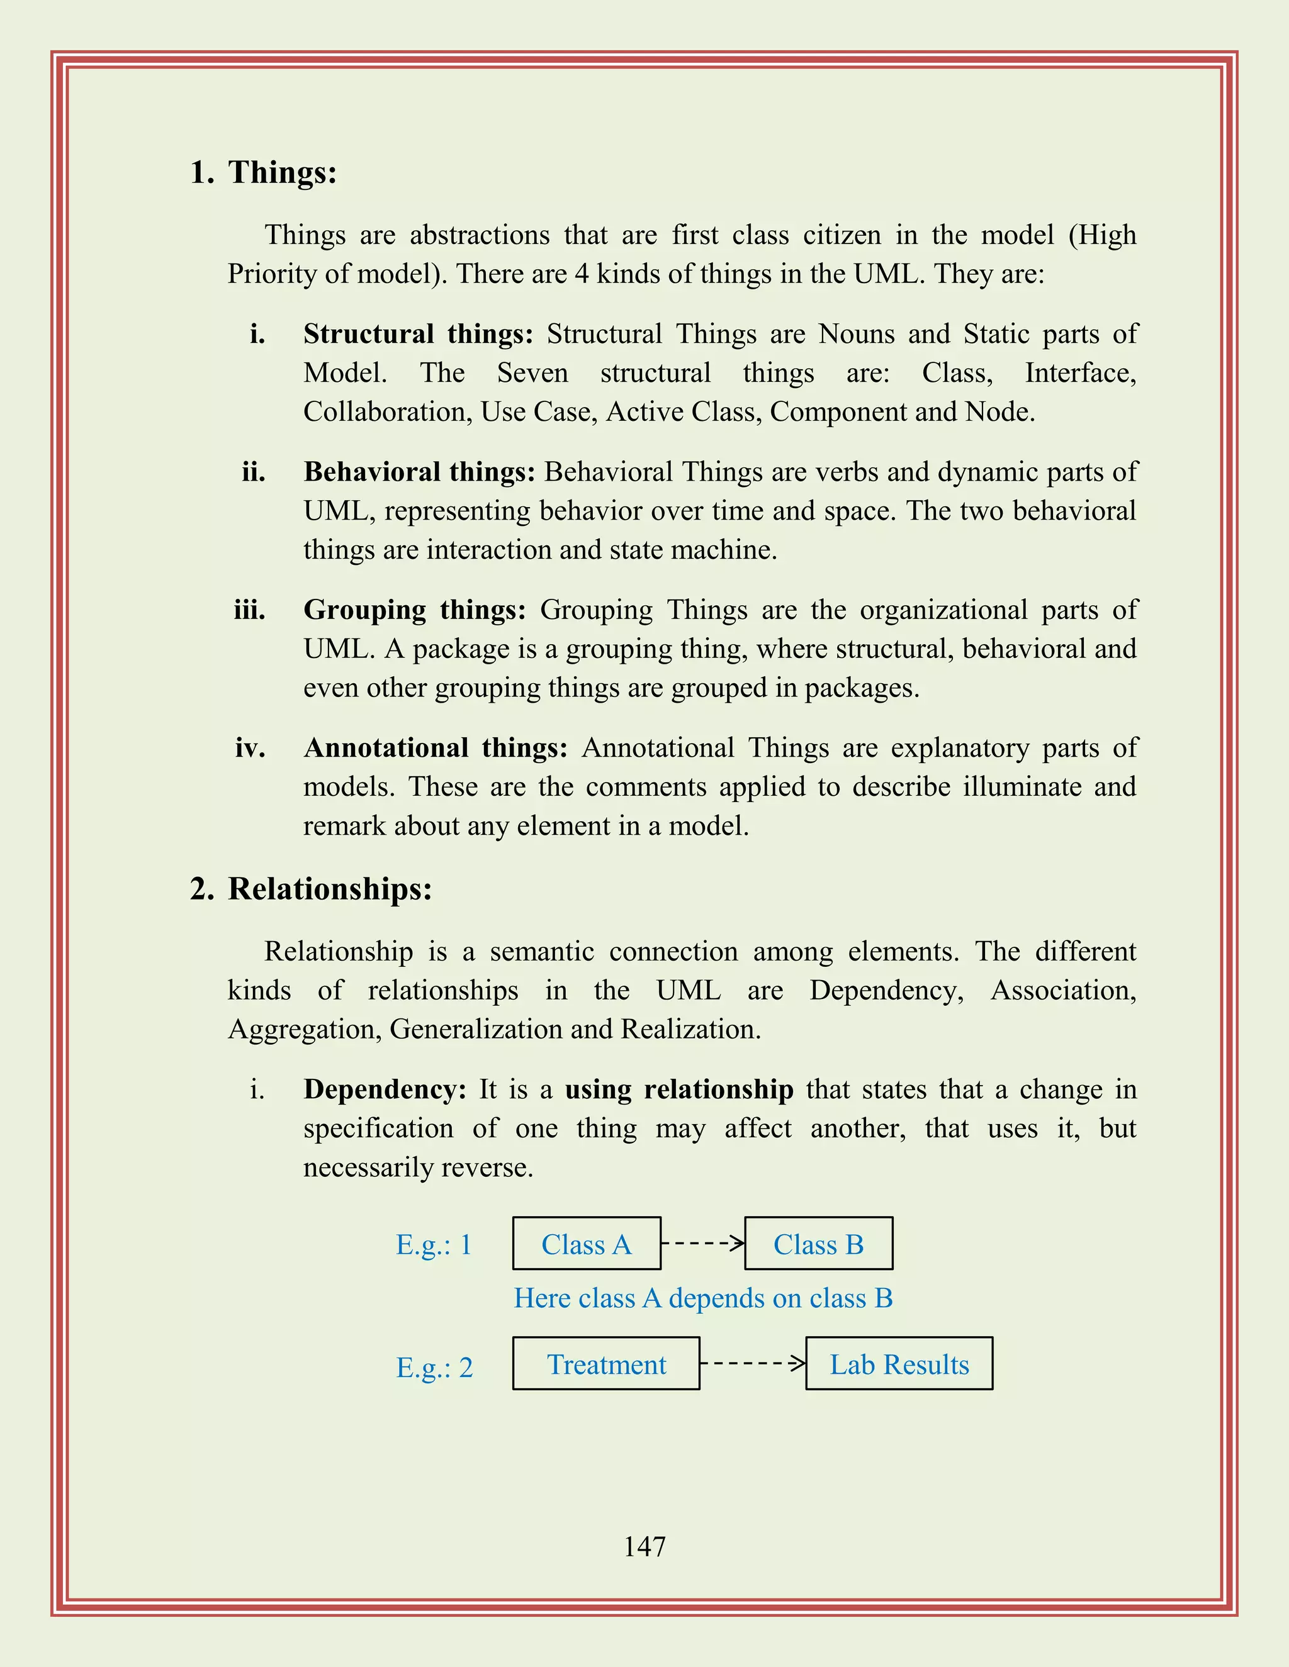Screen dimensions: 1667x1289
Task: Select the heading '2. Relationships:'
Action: coord(311,889)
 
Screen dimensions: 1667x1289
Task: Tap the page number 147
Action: coord(644,1546)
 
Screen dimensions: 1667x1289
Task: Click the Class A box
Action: coord(587,1244)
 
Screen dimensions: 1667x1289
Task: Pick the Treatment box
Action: coord(605,1364)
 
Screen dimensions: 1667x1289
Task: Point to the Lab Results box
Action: coord(899,1364)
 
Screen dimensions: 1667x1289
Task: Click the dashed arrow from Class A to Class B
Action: coord(702,1244)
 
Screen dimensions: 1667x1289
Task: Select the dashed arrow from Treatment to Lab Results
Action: coord(752,1363)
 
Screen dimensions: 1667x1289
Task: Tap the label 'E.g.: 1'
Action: coord(434,1245)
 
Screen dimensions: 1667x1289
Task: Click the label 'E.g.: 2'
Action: coord(434,1368)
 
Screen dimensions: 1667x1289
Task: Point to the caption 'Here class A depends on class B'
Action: coord(702,1298)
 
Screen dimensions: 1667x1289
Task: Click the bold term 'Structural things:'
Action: coord(419,334)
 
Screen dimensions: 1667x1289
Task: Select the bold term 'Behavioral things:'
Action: coord(419,472)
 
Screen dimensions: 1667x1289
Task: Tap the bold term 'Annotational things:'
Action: coord(436,748)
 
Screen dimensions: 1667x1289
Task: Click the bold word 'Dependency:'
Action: coord(385,1089)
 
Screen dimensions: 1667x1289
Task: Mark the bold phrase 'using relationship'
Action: coord(679,1089)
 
